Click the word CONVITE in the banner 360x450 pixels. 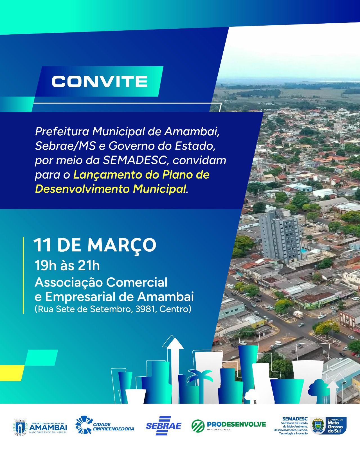click(x=100, y=81)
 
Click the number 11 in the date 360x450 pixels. click(x=42, y=245)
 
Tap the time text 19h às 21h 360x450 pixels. click(x=67, y=266)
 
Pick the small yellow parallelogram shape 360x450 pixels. click(x=12, y=373)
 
